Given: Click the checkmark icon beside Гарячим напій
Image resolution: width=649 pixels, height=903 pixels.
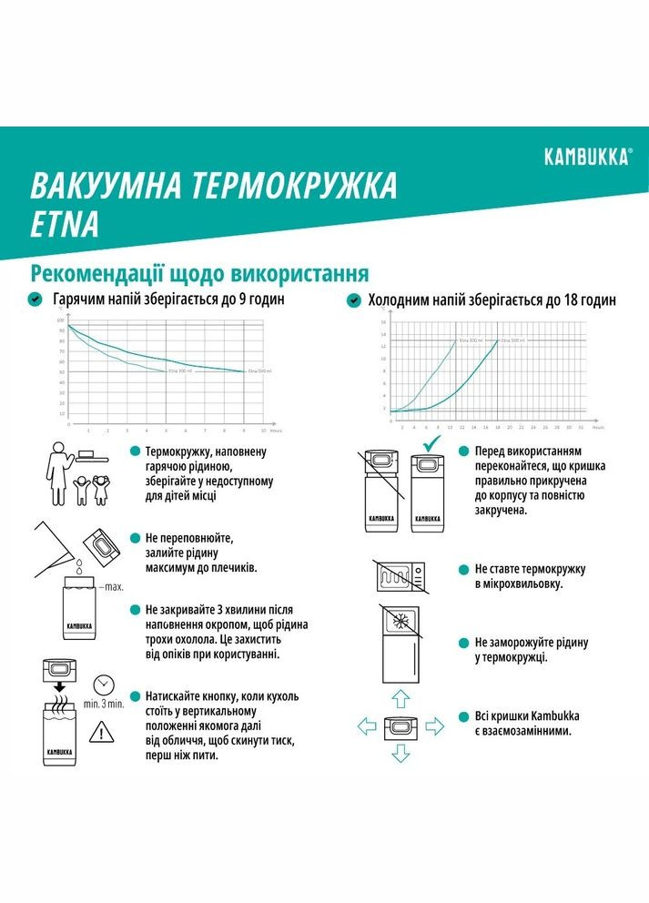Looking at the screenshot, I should (35, 299).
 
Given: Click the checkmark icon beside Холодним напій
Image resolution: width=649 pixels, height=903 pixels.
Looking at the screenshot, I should (353, 299).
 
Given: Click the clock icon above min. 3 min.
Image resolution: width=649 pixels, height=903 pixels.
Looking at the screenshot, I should (104, 681).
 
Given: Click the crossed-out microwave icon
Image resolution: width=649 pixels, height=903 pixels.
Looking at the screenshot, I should (396, 576).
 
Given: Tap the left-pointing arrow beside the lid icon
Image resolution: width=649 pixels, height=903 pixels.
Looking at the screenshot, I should (366, 725).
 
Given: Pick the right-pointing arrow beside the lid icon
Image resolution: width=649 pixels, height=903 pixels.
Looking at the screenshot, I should (433, 725).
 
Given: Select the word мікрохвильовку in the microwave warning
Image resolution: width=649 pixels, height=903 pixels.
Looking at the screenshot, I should (525, 583).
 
